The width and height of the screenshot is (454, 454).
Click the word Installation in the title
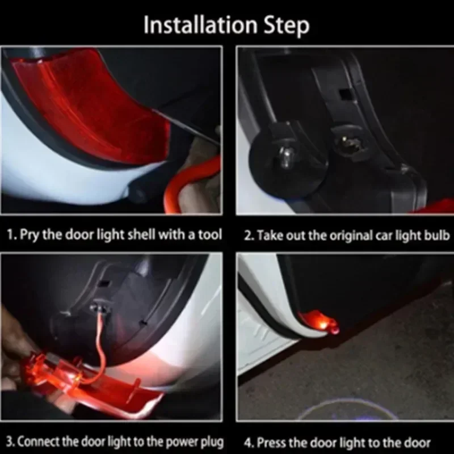pyautogui.click(x=200, y=25)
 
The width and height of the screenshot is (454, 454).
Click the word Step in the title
pyautogui.click(x=287, y=26)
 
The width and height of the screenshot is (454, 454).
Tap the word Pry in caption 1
pyautogui.click(x=30, y=235)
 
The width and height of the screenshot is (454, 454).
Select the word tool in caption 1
pyautogui.click(x=210, y=234)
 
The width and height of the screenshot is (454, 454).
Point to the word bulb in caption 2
pyautogui.click(x=437, y=235)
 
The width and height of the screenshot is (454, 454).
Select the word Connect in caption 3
pyautogui.click(x=39, y=442)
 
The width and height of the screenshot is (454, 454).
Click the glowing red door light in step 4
pyautogui.click(x=318, y=321)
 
